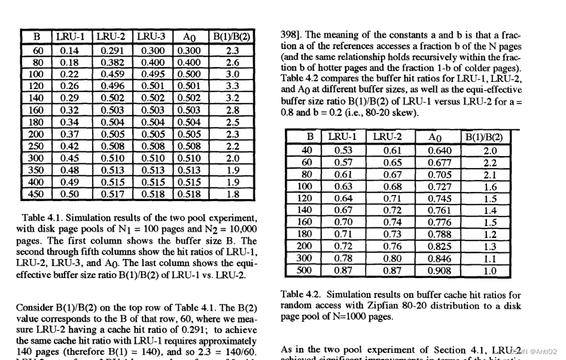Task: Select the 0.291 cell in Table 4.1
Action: [x=112, y=50]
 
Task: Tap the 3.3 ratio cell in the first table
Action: [x=232, y=86]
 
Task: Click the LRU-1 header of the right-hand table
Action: [x=342, y=137]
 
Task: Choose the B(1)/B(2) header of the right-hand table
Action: [x=489, y=137]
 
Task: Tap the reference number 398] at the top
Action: [x=291, y=35]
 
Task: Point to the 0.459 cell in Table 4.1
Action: [x=112, y=74]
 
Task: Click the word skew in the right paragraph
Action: [x=407, y=112]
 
